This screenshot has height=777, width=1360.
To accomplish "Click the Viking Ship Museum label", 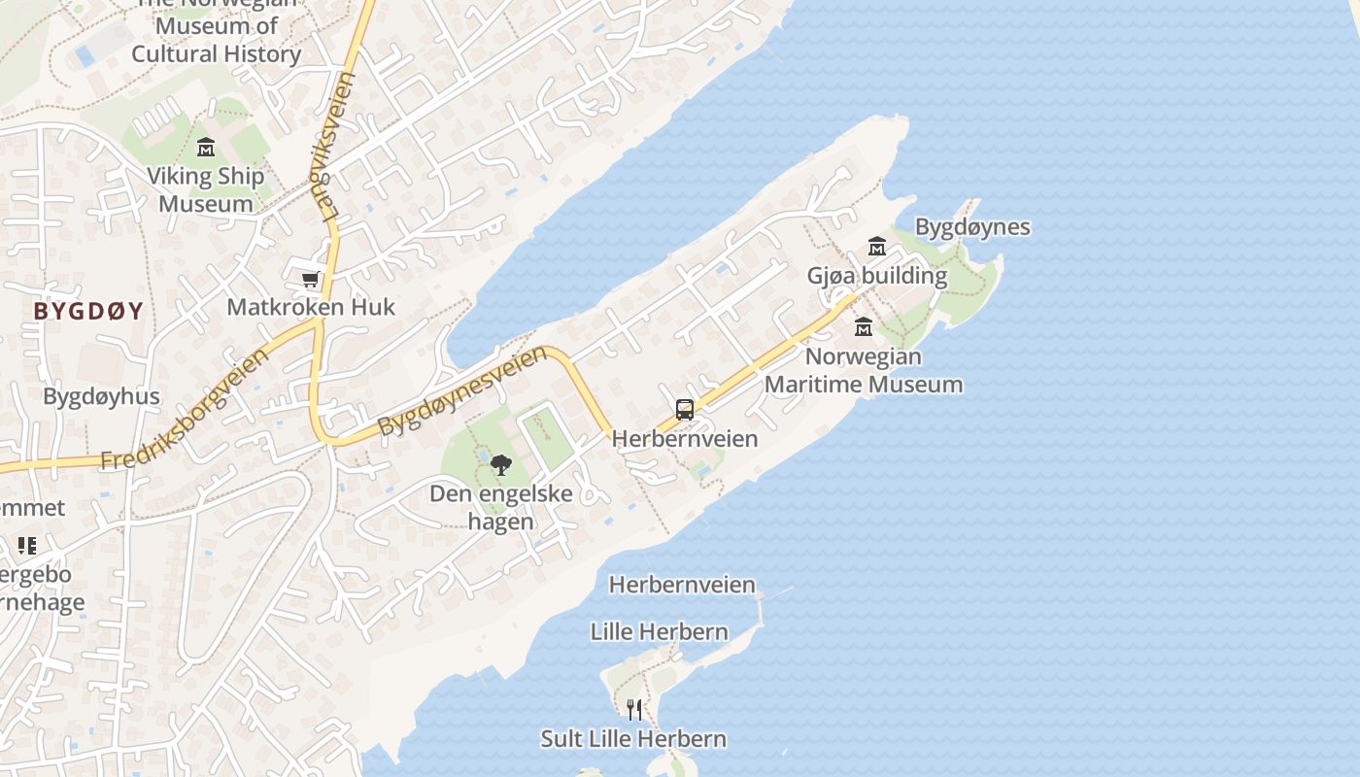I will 205,190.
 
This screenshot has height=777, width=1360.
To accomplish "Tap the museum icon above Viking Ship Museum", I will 205,148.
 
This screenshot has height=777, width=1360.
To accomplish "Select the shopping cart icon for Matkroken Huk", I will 311,280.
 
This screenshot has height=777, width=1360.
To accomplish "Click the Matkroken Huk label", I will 311,307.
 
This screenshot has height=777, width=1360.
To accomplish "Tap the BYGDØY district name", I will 88,311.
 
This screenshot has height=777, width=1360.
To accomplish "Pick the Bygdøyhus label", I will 101,396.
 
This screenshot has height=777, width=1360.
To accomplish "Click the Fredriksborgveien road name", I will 185,411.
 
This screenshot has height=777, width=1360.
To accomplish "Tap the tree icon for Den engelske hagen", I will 500,465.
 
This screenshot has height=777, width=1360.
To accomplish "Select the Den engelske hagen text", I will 501,507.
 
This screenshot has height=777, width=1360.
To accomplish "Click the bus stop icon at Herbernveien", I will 685,410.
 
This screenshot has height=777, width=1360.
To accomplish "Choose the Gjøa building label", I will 876,275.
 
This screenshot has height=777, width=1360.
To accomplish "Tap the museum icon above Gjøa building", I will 876,246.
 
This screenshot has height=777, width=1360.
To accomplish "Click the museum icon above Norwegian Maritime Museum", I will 863,326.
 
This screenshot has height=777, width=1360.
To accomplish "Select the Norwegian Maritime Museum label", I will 863,370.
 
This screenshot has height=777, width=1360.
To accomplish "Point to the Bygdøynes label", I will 972,227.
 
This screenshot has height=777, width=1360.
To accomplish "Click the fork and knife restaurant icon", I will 633,710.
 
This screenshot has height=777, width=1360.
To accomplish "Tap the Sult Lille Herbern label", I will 633,738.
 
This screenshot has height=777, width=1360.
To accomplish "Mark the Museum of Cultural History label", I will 216,39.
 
